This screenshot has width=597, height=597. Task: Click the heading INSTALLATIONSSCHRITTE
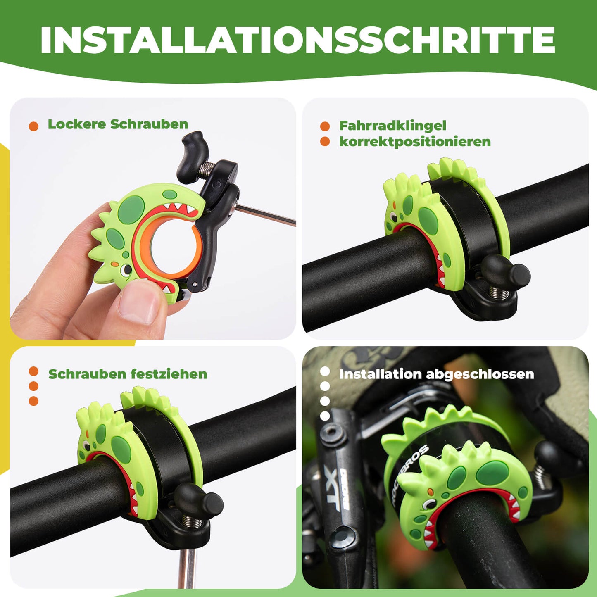click(297, 40)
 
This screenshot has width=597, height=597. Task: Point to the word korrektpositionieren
click(415, 142)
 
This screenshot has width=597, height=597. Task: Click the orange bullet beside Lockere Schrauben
click(33, 126)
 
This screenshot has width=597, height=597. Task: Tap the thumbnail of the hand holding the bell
click(153, 219)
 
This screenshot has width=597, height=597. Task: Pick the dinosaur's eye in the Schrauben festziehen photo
click(86, 445)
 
